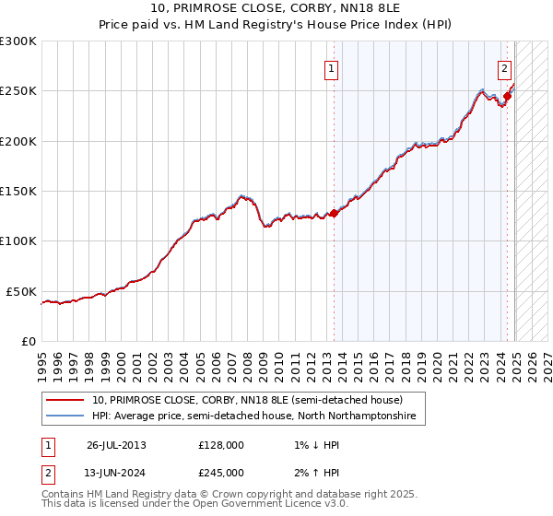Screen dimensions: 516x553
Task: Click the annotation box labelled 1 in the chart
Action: pyautogui.click(x=330, y=67)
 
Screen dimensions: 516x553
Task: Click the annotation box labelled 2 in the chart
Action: pyautogui.click(x=505, y=67)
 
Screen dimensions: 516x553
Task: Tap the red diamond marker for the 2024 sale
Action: pyautogui.click(x=507, y=96)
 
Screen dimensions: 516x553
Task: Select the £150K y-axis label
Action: pyautogui.click(x=18, y=191)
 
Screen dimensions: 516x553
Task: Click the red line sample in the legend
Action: pyautogui.click(x=65, y=401)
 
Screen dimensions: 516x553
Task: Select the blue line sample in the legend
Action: pyautogui.click(x=65, y=416)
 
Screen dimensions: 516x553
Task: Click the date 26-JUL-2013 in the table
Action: pyautogui.click(x=116, y=445)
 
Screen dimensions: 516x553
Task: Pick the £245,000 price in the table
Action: pyautogui.click(x=221, y=473)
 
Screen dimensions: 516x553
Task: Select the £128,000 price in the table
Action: pyautogui.click(x=221, y=445)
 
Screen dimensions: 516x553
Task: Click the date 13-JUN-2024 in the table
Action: pyautogui.click(x=116, y=473)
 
